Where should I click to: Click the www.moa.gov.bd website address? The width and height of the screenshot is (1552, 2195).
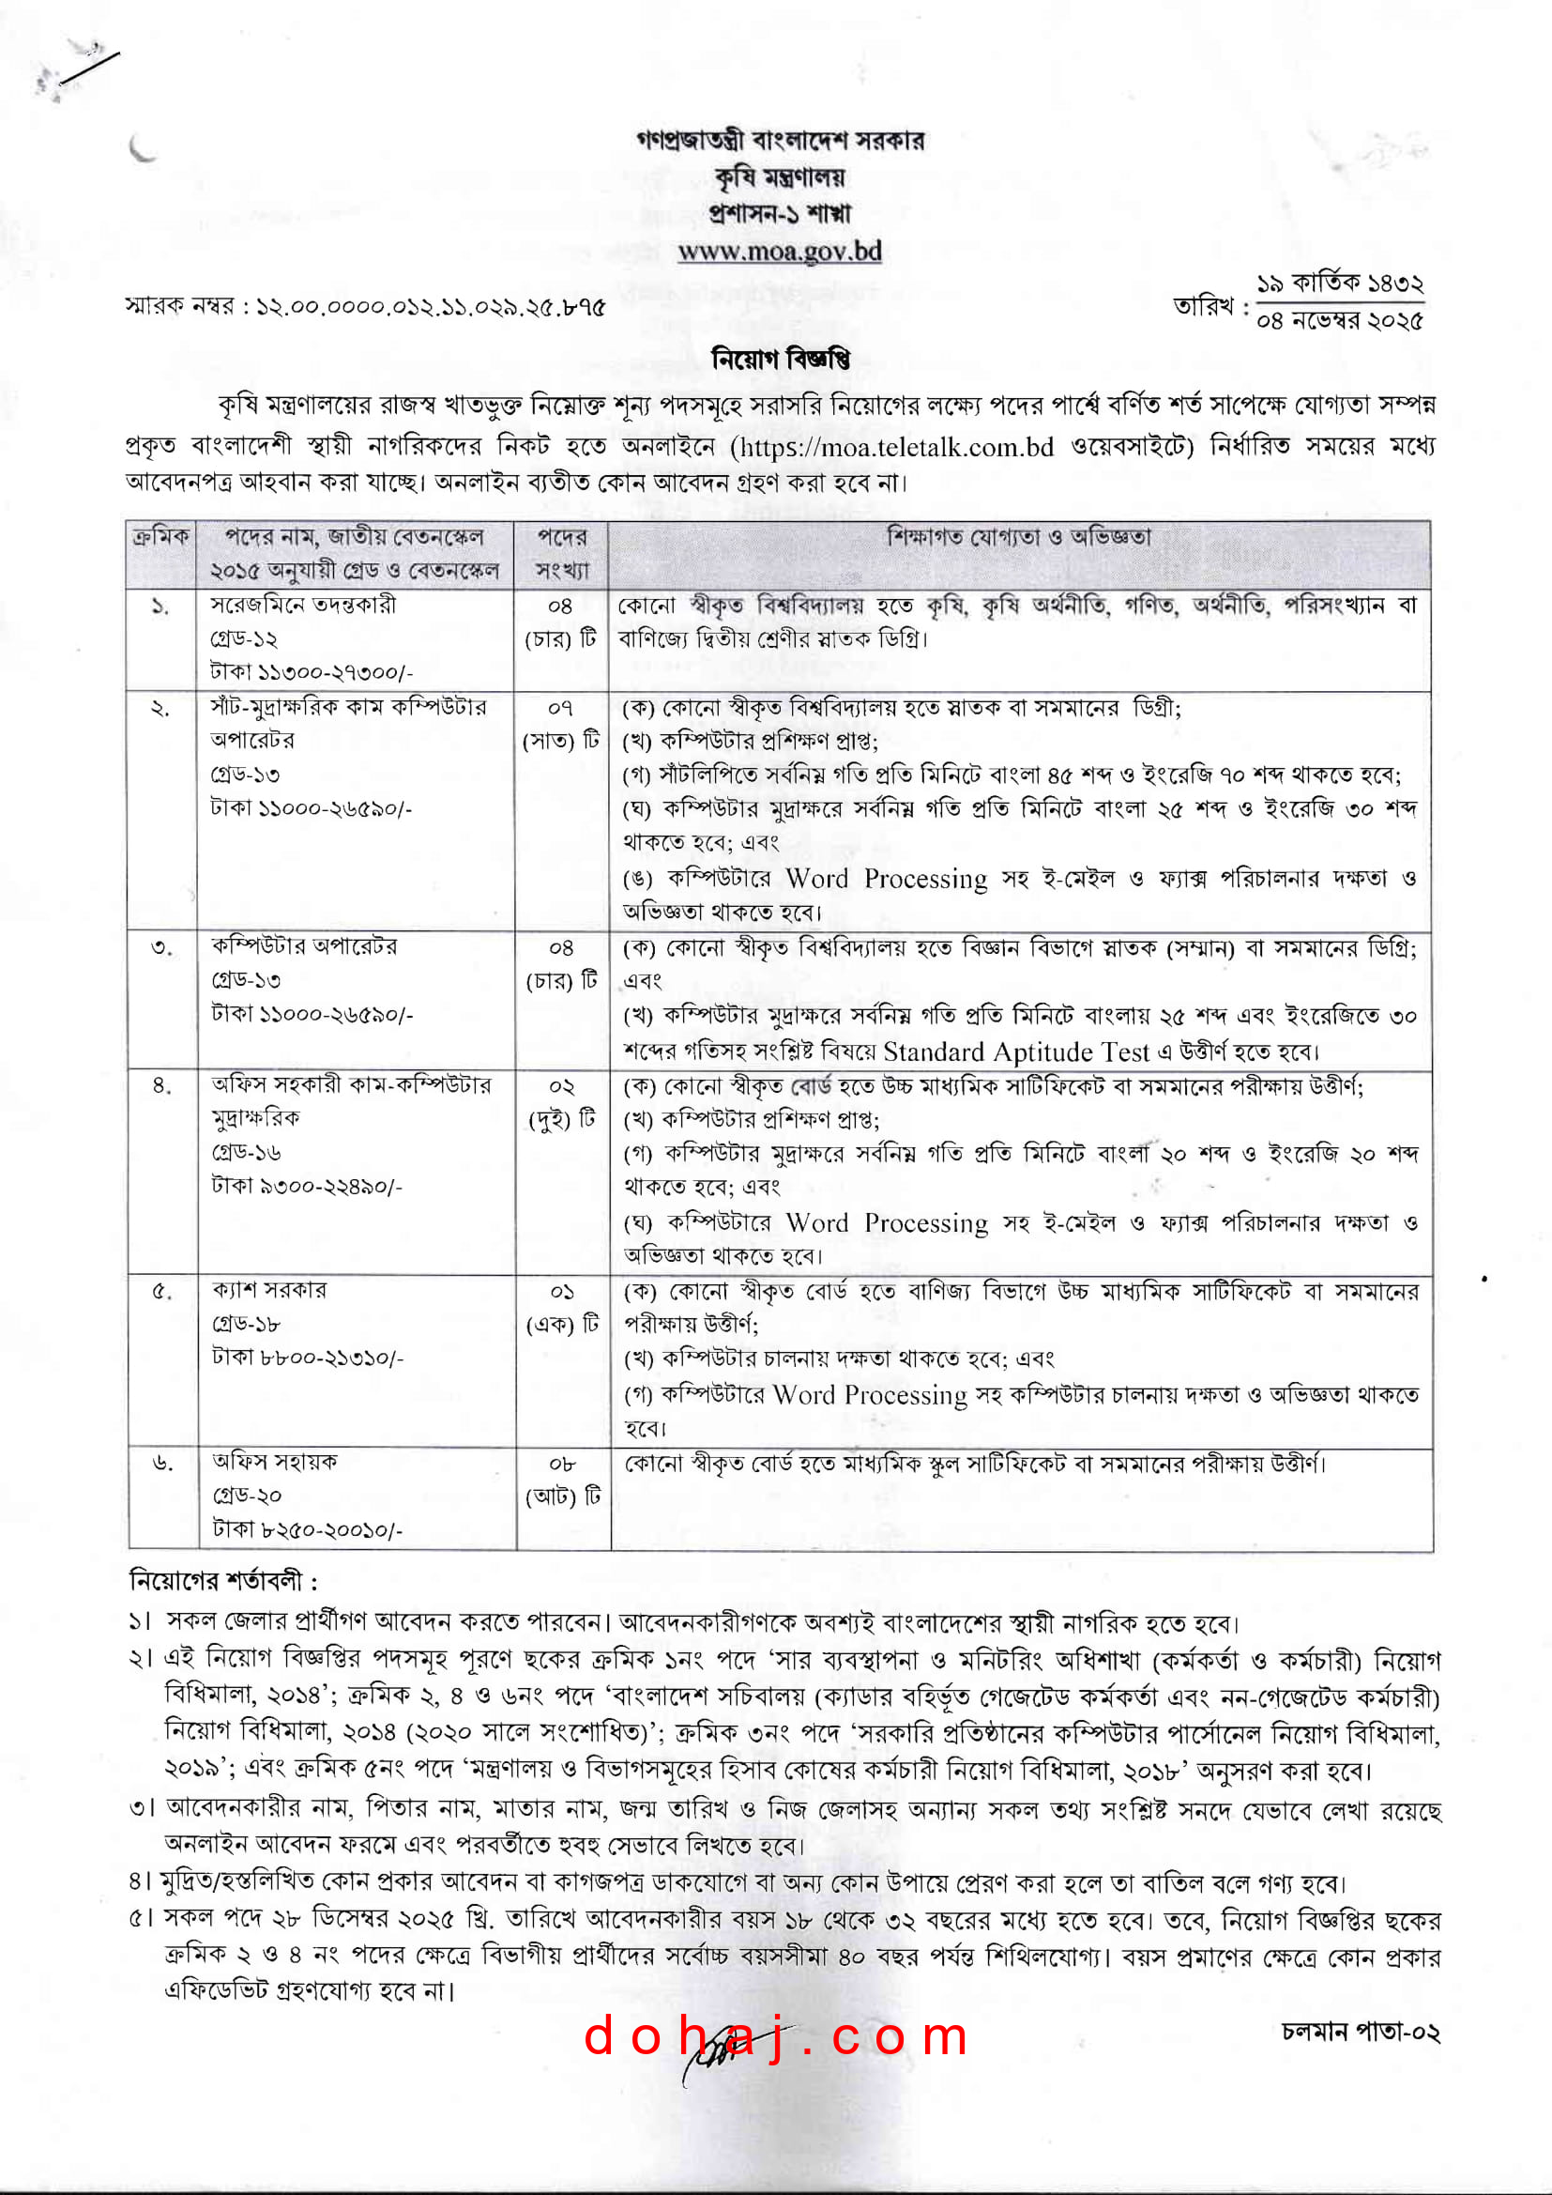779,252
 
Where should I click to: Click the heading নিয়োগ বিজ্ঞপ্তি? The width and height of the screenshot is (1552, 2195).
780,360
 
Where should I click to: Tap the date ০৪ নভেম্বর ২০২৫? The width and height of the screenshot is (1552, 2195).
1339,321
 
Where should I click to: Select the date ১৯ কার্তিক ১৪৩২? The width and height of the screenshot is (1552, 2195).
1339,284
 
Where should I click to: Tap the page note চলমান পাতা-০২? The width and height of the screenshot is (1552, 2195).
1361,2032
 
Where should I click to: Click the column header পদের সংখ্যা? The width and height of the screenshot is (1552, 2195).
561,554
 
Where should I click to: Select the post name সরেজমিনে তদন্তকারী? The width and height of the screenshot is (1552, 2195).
303,606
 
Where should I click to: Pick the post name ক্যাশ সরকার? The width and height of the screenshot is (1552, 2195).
269,1290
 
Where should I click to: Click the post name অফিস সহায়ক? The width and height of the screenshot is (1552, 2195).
275,1462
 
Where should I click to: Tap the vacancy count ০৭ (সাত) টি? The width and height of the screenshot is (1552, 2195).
561,725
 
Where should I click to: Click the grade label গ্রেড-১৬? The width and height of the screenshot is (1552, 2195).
247,1152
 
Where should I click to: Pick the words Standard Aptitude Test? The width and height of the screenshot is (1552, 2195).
1016,1051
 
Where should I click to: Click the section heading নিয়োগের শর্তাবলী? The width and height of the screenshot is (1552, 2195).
222,1581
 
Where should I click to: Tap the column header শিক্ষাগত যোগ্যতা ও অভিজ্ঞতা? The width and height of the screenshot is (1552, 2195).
1019,537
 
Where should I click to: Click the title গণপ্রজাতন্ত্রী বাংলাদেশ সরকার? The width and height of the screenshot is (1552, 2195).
780,141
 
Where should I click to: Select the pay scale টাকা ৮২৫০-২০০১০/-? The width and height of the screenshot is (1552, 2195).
308,1529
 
